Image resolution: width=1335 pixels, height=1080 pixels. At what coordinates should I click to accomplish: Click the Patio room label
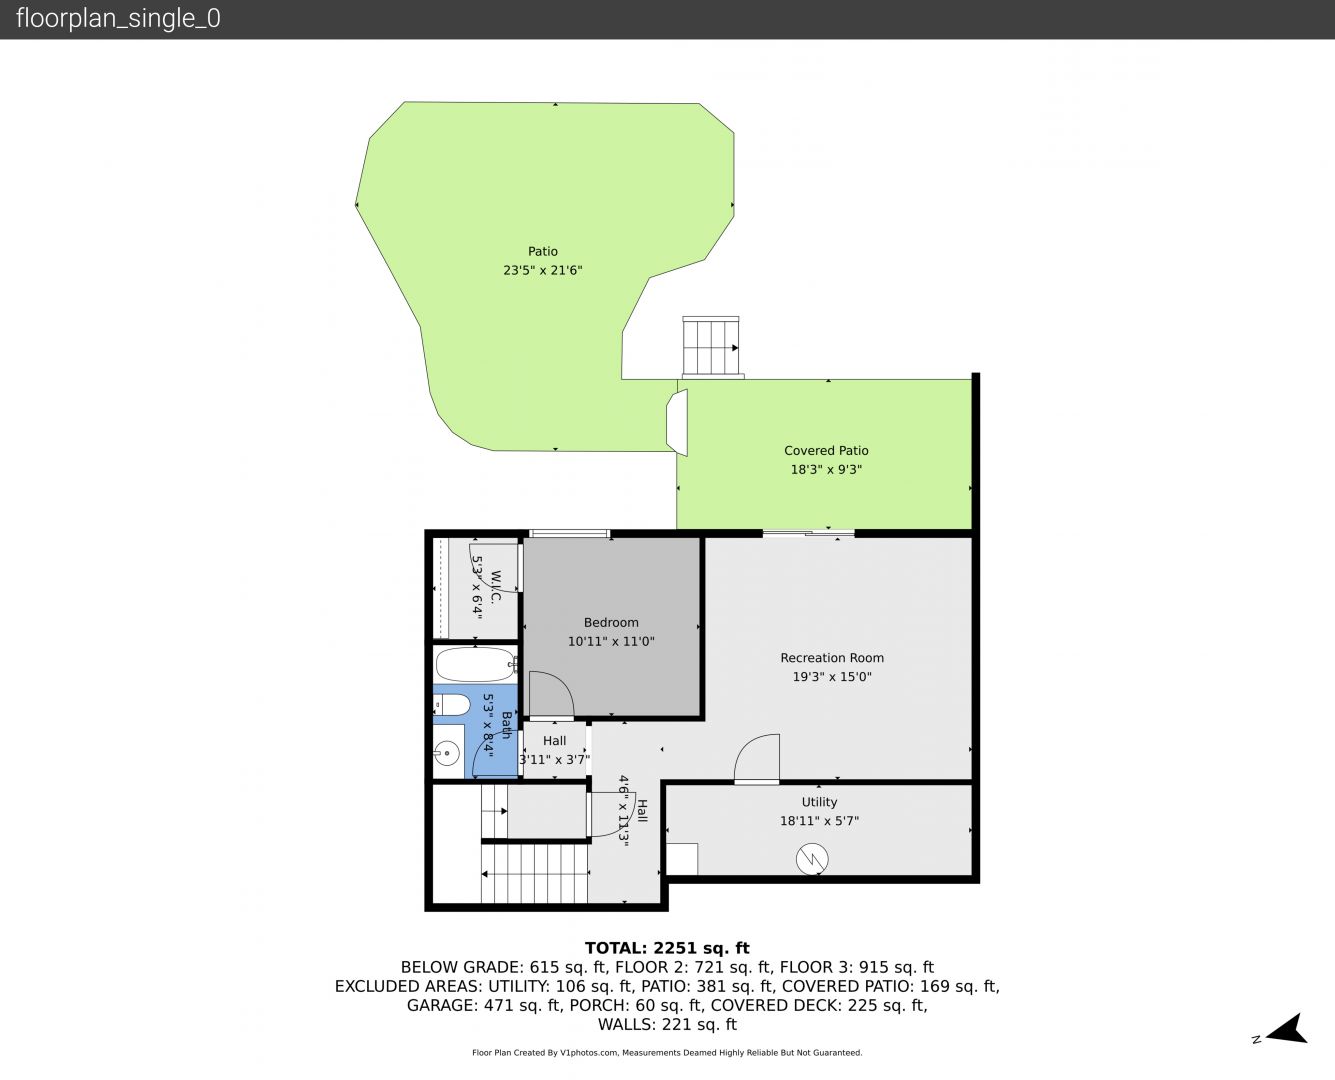click(542, 251)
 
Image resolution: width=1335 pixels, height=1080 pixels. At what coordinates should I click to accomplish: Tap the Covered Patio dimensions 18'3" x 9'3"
click(826, 469)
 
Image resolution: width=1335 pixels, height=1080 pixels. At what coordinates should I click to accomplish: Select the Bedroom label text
click(611, 622)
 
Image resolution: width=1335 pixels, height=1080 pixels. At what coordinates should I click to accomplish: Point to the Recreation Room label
click(832, 658)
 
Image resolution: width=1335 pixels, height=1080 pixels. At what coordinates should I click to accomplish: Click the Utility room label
click(819, 802)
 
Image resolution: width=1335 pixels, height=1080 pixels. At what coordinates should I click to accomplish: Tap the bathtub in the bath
click(476, 664)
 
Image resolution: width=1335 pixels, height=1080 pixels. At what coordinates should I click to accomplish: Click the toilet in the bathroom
click(452, 706)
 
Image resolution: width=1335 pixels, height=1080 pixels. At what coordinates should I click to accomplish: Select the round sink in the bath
click(446, 752)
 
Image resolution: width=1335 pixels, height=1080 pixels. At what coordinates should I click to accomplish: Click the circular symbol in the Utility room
click(812, 859)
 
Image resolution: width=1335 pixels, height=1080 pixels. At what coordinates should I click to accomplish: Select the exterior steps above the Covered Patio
click(711, 347)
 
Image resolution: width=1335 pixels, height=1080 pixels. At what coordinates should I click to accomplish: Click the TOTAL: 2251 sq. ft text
click(667, 948)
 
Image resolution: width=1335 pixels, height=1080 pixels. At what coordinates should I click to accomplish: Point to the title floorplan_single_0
click(118, 18)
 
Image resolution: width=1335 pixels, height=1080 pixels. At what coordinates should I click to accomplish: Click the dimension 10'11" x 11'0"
click(611, 641)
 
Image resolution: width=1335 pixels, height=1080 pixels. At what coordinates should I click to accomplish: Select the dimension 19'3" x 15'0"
click(832, 676)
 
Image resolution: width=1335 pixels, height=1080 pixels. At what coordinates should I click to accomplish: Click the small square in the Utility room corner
click(682, 859)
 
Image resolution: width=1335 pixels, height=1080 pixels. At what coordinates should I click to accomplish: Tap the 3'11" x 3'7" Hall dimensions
click(555, 760)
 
